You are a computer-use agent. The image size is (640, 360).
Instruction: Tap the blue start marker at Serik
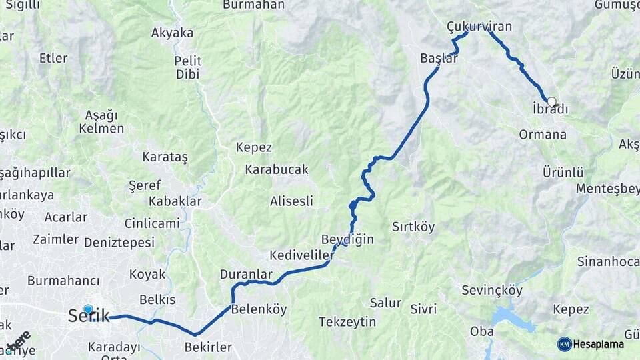pos(88,309)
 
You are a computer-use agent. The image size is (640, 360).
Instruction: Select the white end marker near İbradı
pos(551,101)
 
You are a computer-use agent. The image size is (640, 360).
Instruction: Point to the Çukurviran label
pos(479,27)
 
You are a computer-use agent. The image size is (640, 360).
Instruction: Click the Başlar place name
pos(439,58)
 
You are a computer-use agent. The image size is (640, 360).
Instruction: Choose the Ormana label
pos(543,135)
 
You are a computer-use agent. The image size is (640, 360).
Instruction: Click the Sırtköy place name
pos(413,227)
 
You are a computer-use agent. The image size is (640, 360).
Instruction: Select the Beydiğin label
pos(347,239)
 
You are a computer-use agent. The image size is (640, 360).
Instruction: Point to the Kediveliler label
pos(301,255)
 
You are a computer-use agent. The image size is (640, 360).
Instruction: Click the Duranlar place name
pos(246,274)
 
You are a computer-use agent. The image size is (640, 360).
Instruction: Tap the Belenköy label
pos(259,309)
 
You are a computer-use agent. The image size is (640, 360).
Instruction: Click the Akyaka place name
pos(172,33)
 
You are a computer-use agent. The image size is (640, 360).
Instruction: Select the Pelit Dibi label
pos(189,67)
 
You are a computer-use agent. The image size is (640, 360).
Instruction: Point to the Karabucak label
pos(277,169)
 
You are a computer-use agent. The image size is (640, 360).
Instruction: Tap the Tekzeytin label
pos(347,322)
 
